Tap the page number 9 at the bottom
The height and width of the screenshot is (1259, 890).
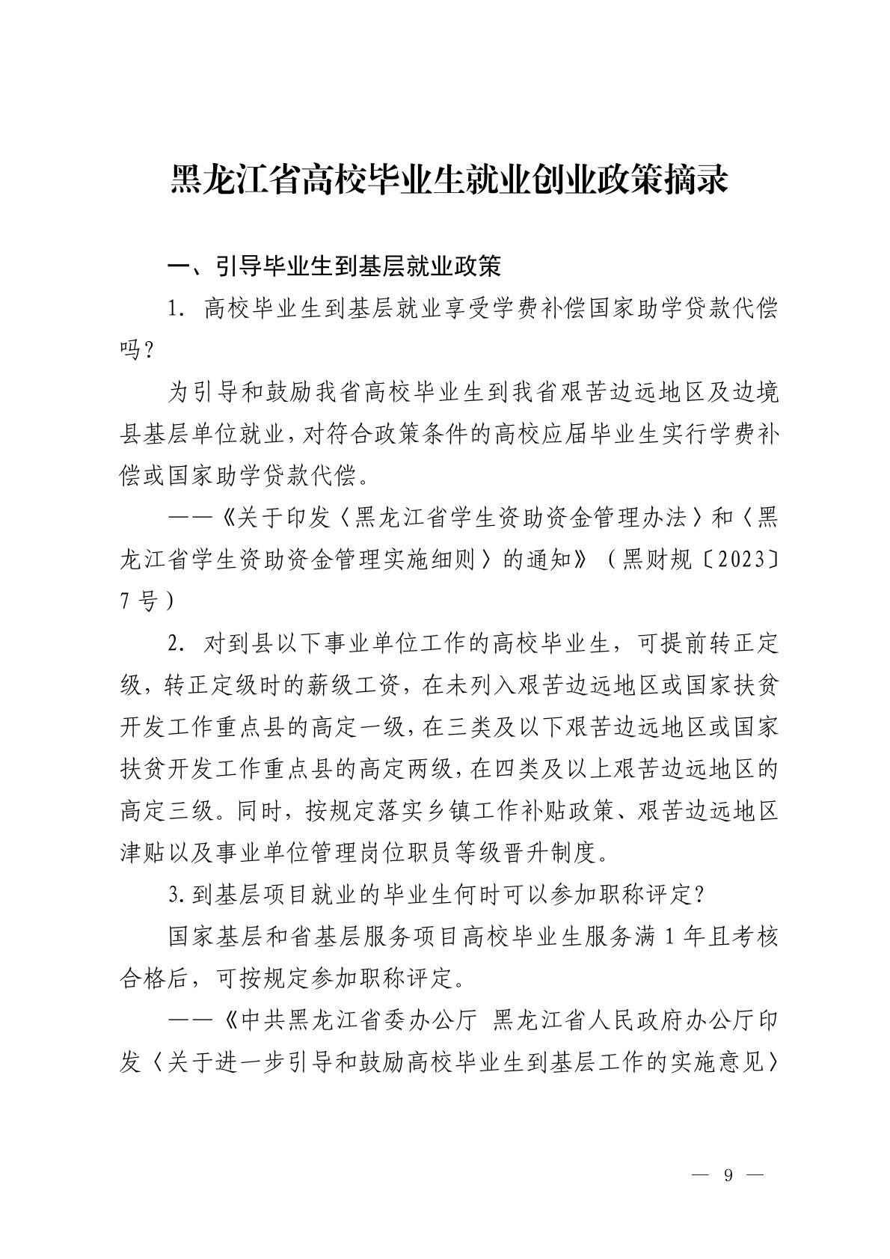point(727,1175)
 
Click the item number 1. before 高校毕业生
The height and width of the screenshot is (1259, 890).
point(178,309)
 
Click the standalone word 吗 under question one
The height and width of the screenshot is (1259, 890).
point(131,350)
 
